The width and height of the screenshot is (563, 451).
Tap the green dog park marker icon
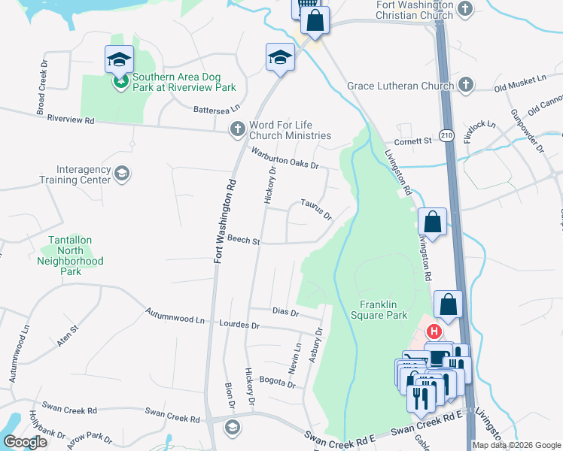click(120, 82)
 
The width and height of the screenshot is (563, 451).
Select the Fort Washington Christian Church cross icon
click(465, 9)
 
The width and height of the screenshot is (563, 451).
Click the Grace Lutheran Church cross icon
click(465, 86)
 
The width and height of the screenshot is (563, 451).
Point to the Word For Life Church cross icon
click(237, 129)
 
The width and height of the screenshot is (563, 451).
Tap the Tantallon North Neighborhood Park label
click(70, 256)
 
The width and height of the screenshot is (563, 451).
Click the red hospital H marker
click(434, 331)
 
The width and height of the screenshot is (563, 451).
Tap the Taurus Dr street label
click(316, 209)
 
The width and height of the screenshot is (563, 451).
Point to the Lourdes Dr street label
click(239, 325)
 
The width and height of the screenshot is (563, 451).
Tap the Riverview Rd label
click(70, 120)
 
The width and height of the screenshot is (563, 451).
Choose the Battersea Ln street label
click(217, 110)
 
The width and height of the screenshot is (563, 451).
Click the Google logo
click(24, 442)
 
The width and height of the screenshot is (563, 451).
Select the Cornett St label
click(414, 141)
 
